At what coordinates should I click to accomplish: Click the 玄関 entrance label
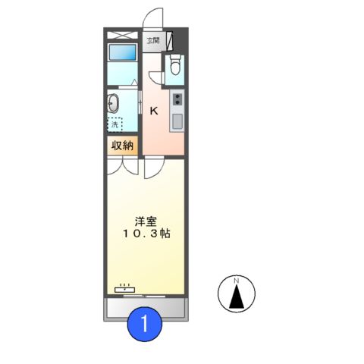(153, 41)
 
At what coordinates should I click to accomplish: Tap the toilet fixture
(174, 66)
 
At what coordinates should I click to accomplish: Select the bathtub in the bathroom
(121, 53)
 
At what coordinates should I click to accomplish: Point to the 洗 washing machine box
(114, 125)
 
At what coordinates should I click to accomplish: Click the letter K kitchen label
(154, 111)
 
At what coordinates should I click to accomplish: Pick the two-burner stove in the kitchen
(177, 99)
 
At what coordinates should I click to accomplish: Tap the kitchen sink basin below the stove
(177, 121)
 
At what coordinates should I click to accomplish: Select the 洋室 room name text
(146, 221)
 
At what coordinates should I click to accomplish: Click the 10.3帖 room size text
(146, 235)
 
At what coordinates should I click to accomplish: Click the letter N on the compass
(237, 281)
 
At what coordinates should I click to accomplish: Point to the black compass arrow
(237, 297)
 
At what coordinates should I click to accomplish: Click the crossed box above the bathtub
(121, 36)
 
